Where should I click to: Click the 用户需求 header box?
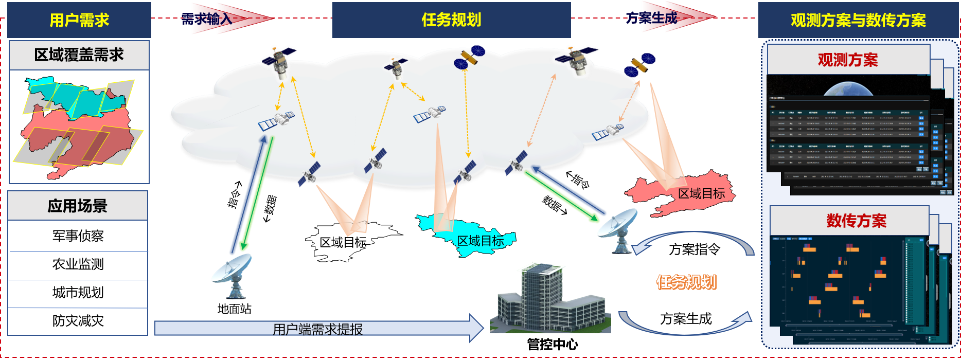click(x=79, y=20)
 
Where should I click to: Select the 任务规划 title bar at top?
click(x=451, y=20)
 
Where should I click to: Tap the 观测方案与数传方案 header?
click(x=858, y=20)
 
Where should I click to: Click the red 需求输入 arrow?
click(x=226, y=19)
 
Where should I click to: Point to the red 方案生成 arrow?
click(x=674, y=18)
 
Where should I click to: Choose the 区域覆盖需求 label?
click(x=79, y=55)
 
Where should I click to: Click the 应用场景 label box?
click(x=78, y=206)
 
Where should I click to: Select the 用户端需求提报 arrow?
click(x=318, y=328)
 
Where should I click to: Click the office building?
click(x=548, y=298)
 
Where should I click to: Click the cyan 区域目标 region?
click(x=466, y=236)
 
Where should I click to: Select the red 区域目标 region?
click(x=679, y=193)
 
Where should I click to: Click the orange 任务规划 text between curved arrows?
click(x=686, y=282)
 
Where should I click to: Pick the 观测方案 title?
click(x=848, y=60)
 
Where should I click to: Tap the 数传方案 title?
click(x=857, y=221)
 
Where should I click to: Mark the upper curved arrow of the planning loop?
click(x=695, y=239)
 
